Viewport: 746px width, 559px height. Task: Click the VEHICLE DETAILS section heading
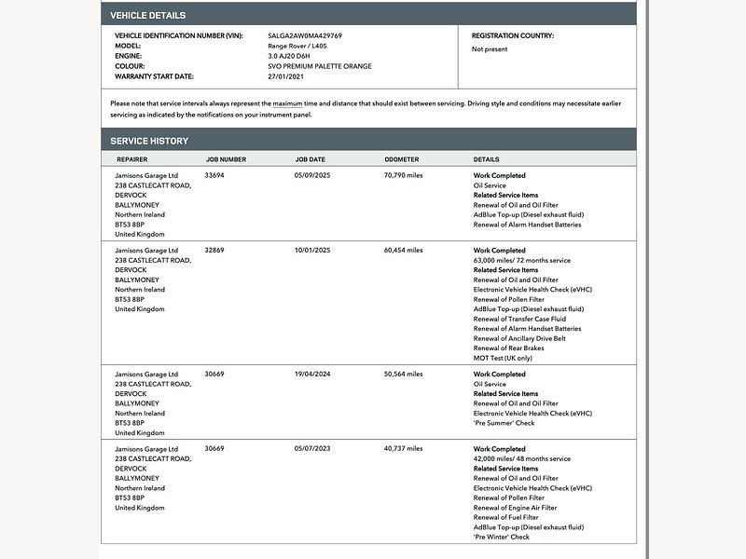tap(147, 15)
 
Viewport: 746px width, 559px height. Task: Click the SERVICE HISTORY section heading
tap(149, 141)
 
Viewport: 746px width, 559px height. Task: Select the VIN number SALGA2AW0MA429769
tap(304, 35)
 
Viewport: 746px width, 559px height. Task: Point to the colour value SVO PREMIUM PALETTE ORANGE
tap(319, 66)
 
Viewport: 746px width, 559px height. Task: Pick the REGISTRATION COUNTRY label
tap(512, 35)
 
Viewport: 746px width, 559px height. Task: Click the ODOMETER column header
tap(401, 159)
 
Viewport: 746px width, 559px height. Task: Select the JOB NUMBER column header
tap(226, 159)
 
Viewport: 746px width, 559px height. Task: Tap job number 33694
tap(214, 175)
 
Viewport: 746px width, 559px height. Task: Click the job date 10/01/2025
tap(312, 250)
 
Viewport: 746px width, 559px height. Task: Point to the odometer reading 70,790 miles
tap(403, 175)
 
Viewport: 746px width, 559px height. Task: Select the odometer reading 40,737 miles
tap(403, 449)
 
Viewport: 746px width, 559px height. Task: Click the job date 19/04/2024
tap(312, 374)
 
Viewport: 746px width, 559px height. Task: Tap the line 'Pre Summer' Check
tap(504, 423)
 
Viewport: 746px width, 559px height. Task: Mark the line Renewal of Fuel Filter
tap(505, 517)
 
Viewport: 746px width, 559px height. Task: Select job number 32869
tap(214, 250)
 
